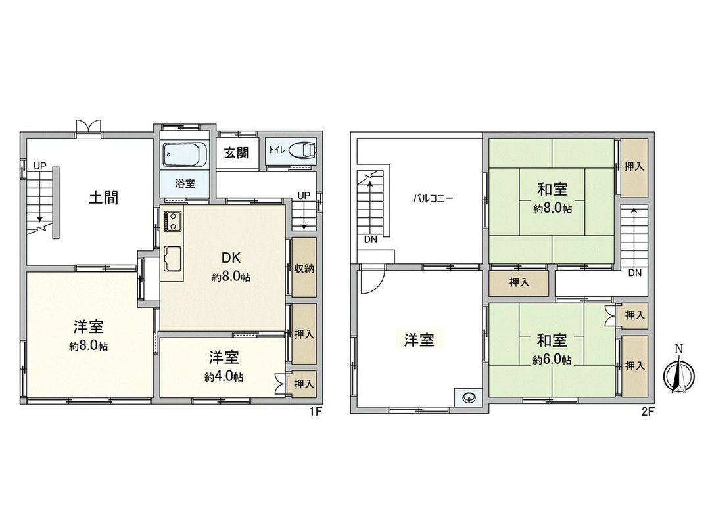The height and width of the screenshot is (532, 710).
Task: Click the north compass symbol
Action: coord(678,378)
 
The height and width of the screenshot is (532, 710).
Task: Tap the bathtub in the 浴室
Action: coord(183,156)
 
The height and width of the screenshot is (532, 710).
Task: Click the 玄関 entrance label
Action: coord(236,153)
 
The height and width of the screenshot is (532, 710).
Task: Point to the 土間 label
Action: coord(104,198)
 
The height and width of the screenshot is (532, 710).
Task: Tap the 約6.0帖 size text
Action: coord(552,360)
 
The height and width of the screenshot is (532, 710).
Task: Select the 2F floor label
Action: coord(648,413)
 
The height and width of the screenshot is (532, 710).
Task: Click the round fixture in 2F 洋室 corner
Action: coord(469,397)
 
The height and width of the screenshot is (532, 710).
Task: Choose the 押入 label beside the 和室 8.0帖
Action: coord(634,167)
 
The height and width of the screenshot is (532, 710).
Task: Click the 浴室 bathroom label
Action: coord(185,185)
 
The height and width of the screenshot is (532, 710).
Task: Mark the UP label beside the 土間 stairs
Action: coord(40,166)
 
